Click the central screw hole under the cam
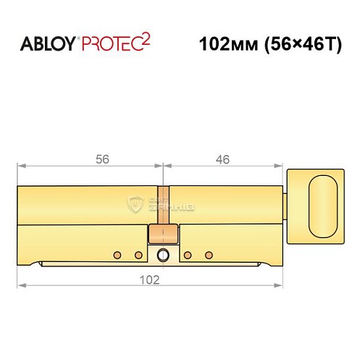(163, 254)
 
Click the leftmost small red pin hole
(116, 255)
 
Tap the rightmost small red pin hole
(210, 255)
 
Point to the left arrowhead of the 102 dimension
(20, 285)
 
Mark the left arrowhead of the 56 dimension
(20, 169)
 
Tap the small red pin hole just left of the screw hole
(138, 255)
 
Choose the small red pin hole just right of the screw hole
(188, 255)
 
